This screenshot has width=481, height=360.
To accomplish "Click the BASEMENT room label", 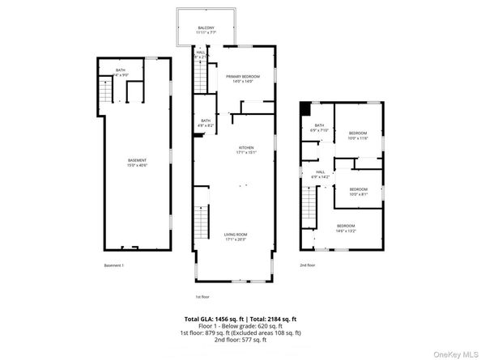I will [137, 160].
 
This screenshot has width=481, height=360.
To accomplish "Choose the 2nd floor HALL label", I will [321, 172].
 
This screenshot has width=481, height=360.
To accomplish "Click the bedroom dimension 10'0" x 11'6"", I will [358, 138].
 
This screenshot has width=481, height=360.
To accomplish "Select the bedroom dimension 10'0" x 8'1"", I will [358, 194].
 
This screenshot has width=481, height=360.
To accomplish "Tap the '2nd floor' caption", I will [307, 265].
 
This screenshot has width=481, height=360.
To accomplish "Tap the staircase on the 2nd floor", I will [309, 205].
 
